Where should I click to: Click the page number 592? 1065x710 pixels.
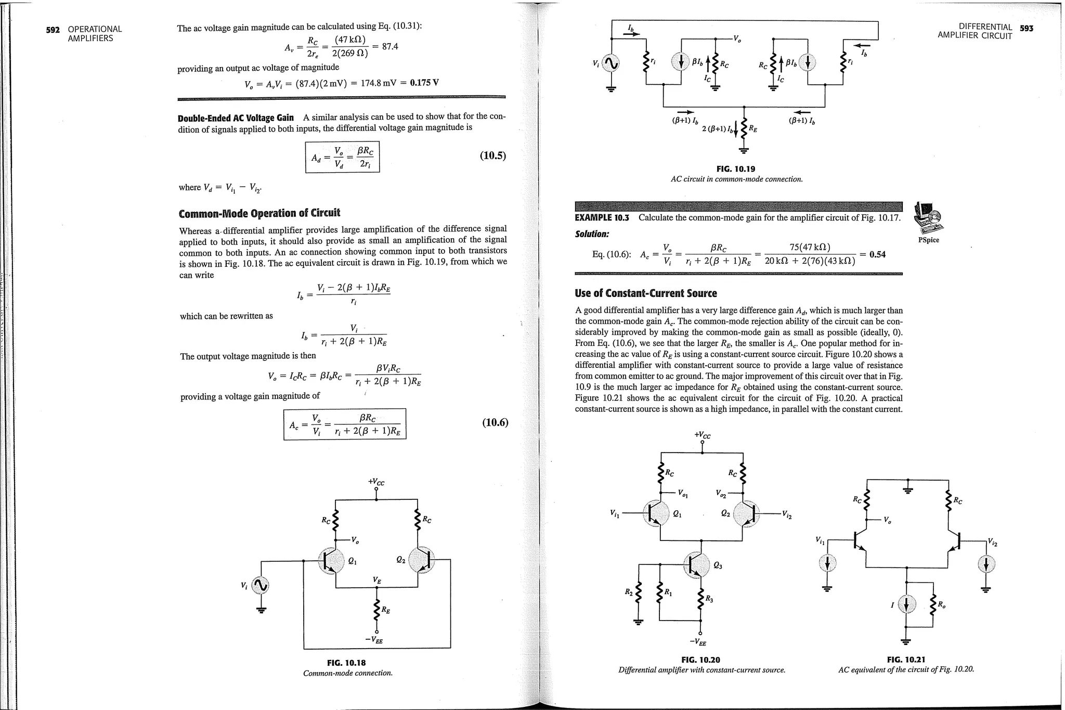click(53, 30)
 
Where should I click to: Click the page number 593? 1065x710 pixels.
click(1027, 28)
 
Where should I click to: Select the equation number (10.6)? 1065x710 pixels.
click(495, 422)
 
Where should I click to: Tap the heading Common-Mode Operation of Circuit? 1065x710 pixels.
click(259, 213)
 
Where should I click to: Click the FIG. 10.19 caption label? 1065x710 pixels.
click(735, 169)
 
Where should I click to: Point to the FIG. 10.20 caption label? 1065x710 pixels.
click(700, 660)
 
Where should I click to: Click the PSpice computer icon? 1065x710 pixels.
click(929, 219)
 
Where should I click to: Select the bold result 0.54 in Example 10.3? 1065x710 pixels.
click(877, 254)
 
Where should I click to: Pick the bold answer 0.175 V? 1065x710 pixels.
click(424, 83)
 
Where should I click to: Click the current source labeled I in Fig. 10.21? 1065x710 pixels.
click(906, 604)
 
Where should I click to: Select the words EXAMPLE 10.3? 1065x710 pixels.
click(602, 217)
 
